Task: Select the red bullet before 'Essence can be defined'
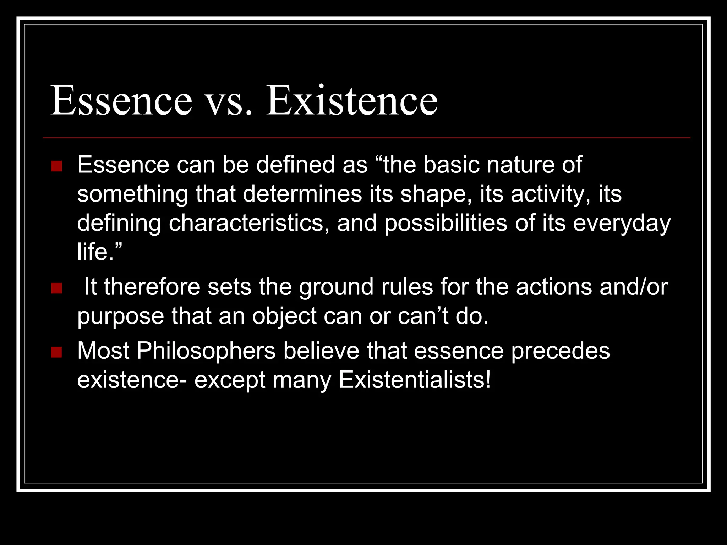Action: coord(56,166)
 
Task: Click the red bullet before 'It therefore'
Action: coord(56,288)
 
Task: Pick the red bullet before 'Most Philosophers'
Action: coord(56,352)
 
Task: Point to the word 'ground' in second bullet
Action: coord(336,287)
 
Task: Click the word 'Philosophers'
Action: coord(206,351)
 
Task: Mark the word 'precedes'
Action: coord(561,351)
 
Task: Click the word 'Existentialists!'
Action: coord(415,380)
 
